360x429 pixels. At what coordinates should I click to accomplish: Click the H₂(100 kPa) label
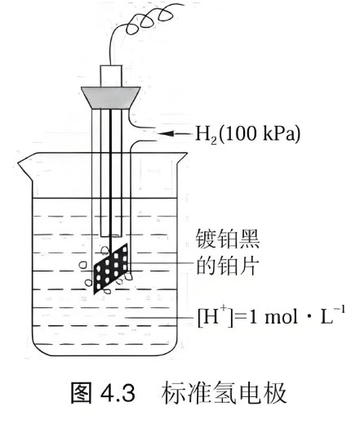247,134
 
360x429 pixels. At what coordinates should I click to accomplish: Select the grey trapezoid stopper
111,98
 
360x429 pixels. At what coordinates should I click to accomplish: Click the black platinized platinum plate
111,269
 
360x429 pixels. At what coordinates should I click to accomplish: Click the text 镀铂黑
228,239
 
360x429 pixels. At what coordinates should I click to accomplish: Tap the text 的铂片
228,266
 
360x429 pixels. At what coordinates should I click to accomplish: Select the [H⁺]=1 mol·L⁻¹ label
271,316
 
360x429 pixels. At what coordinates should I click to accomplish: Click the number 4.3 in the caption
118,394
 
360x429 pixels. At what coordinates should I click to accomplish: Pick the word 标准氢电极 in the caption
224,393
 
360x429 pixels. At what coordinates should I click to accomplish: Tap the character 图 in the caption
81,393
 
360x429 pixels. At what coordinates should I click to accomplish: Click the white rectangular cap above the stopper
111,76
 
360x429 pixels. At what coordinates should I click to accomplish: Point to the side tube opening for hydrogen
157,134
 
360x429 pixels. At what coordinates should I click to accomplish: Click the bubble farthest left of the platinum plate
82,265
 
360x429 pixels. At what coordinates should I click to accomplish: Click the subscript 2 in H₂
214,141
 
